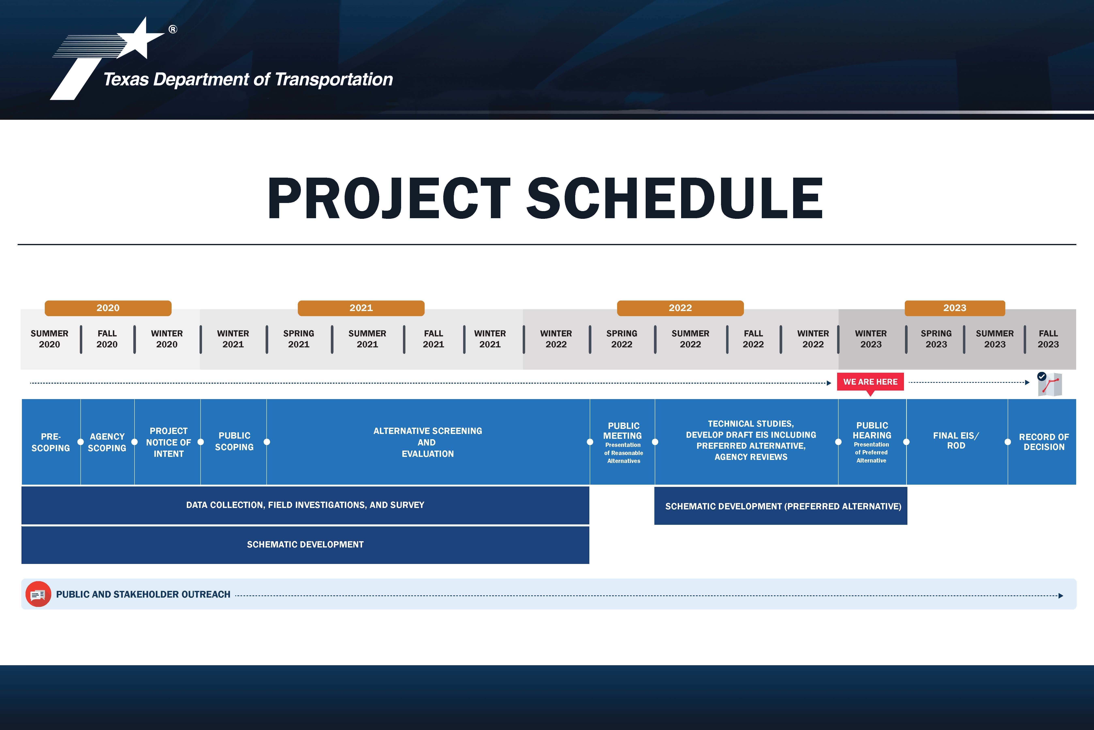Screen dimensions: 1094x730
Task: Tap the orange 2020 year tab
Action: coord(108,308)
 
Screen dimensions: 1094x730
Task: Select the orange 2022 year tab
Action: coord(680,308)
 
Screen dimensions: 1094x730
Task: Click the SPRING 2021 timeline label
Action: coord(299,339)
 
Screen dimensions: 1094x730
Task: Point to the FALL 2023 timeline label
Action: coord(1048,339)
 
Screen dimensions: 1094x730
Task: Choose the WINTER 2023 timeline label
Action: coord(871,339)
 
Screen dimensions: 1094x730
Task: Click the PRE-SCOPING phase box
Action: coord(51,442)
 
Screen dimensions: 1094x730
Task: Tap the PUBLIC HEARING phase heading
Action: coord(872,430)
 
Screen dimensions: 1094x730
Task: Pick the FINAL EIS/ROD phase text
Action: coord(956,440)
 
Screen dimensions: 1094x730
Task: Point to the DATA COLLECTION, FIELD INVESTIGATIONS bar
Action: coord(305,505)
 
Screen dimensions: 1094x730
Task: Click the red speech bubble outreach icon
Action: coord(38,594)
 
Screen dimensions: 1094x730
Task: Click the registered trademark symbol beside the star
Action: coord(173,29)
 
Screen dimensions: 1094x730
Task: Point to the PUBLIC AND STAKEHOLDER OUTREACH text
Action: coord(143,595)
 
